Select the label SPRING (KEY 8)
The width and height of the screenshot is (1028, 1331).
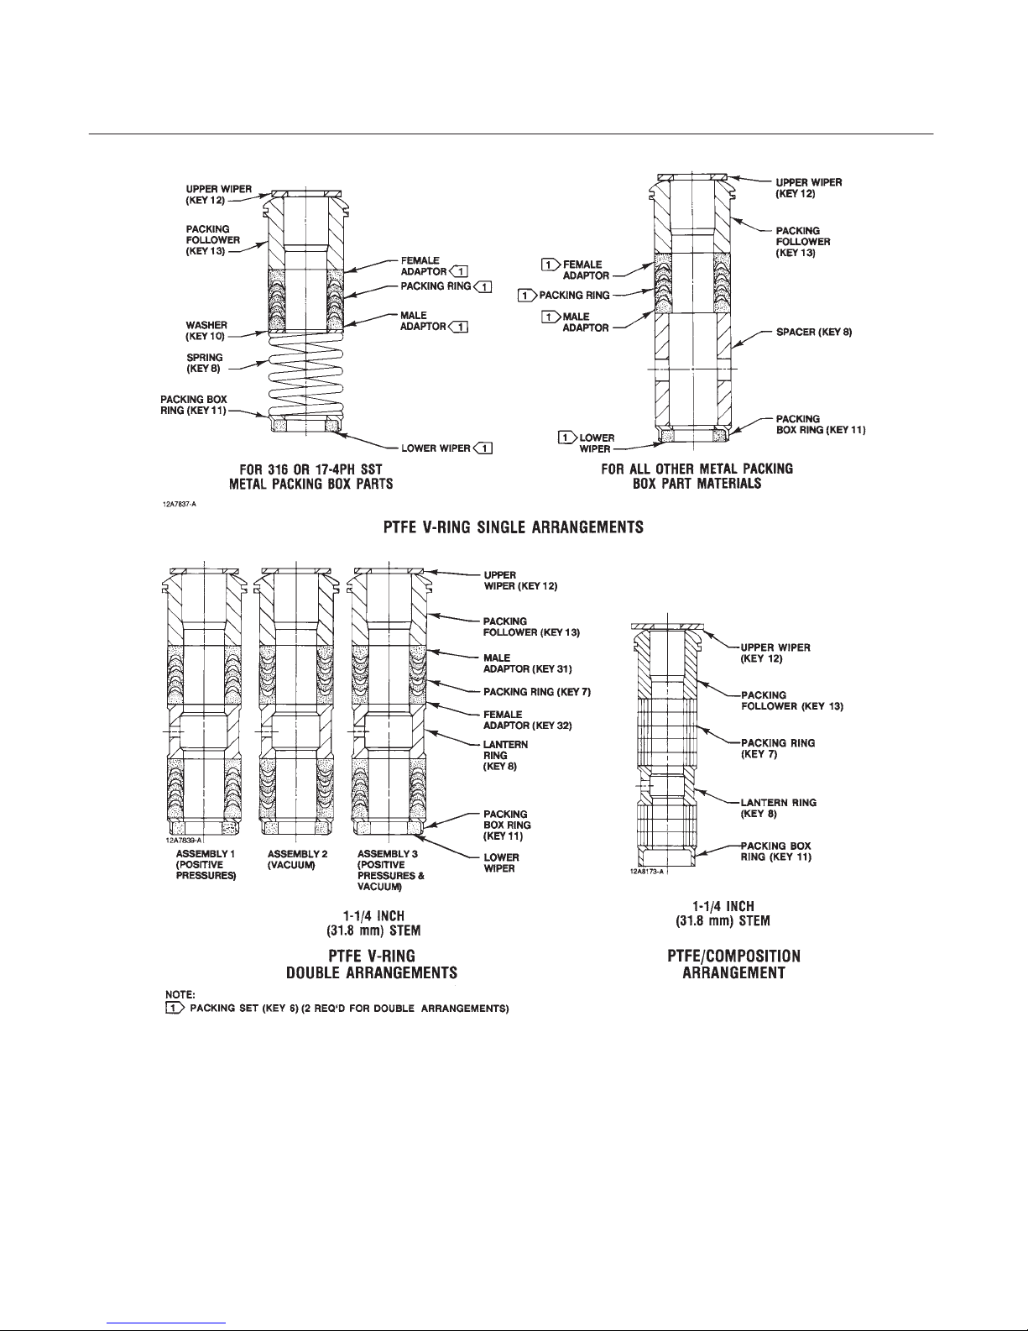pyautogui.click(x=204, y=363)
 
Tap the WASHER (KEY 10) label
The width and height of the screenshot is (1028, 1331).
pyautogui.click(x=206, y=329)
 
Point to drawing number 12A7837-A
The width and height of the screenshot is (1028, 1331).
pyautogui.click(x=180, y=505)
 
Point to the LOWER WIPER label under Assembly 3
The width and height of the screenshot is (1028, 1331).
pyautogui.click(x=501, y=862)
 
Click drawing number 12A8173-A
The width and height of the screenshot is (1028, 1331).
pyautogui.click(x=647, y=872)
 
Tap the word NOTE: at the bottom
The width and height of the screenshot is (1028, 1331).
pyautogui.click(x=178, y=995)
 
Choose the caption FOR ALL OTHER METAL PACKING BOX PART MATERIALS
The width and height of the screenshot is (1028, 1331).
pyautogui.click(x=697, y=475)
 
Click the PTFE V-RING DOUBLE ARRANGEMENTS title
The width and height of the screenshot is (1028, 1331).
pyautogui.click(x=372, y=964)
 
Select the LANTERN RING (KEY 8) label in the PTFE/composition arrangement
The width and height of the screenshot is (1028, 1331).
pyautogui.click(x=777, y=807)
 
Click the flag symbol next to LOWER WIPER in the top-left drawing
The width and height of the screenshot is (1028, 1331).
pyautogui.click(x=483, y=448)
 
